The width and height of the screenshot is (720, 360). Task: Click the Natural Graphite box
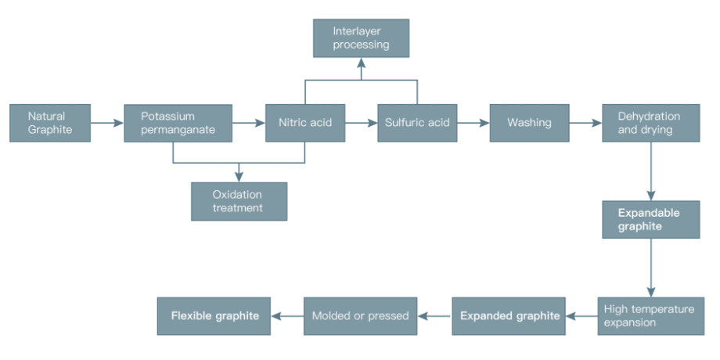[x=49, y=123]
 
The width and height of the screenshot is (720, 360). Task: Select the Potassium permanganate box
[x=178, y=123]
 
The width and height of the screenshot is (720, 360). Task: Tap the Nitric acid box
[x=305, y=123]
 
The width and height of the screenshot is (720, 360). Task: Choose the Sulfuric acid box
[x=417, y=123]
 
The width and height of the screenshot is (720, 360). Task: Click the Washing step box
[x=529, y=123]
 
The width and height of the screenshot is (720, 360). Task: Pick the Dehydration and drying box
[x=650, y=123]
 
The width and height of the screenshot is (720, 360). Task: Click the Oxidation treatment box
[x=239, y=201]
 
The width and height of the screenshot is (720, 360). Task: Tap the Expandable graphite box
[x=650, y=220]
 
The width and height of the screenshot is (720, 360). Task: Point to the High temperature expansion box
[x=650, y=316]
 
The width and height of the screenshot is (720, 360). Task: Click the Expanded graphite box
[x=509, y=316]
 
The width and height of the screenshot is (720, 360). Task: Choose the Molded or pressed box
[x=360, y=316]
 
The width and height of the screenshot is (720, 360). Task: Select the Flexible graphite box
[x=214, y=316]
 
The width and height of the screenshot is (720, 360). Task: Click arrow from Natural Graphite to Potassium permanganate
[x=106, y=123]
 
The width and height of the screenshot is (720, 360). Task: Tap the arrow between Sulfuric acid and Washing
[x=473, y=123]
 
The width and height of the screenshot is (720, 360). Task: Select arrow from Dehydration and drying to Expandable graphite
[x=650, y=171]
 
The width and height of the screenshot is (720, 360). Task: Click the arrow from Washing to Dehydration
[x=585, y=123]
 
